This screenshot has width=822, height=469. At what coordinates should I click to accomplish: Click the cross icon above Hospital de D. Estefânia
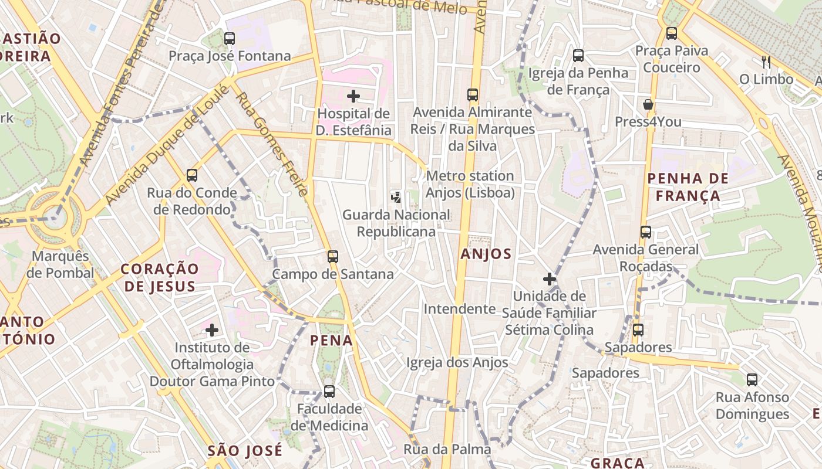[353, 96]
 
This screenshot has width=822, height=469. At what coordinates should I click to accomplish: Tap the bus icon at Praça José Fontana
[230, 39]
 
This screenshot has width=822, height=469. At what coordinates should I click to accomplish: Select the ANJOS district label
[486, 254]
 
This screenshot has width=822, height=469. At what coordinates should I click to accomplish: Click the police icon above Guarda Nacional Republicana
[396, 197]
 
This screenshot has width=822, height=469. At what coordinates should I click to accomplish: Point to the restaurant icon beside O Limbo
[766, 62]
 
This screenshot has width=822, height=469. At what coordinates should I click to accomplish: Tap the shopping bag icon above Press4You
[648, 105]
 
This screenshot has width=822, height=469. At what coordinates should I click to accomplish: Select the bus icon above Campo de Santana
[333, 257]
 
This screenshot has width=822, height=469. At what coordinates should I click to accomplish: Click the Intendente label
[460, 308]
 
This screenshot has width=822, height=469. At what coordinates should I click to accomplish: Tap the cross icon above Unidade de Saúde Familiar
[550, 279]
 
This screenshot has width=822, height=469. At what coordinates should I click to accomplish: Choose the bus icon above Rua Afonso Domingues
[752, 380]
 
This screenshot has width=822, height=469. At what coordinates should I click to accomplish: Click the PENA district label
[331, 340]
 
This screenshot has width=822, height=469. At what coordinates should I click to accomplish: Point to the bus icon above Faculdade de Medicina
[329, 392]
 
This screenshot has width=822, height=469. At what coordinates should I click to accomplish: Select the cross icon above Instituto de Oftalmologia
[212, 331]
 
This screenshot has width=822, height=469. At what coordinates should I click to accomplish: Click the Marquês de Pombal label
[60, 264]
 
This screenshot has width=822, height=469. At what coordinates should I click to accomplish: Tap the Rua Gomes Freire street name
[271, 144]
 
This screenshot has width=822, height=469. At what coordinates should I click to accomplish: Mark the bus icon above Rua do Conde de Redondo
[192, 175]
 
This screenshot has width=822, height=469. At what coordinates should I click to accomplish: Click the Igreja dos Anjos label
[457, 363]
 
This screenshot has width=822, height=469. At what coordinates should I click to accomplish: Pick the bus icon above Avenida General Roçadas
[646, 232]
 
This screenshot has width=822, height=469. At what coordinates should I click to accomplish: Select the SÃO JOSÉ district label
[245, 450]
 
